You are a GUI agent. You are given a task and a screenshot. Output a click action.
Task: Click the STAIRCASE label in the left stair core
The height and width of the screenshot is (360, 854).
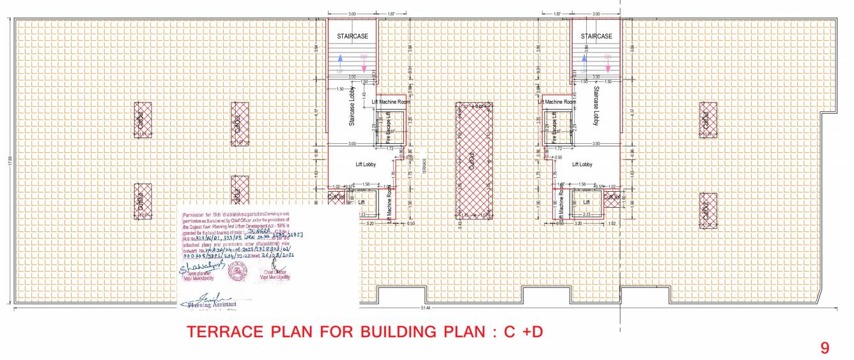[x=352, y=37]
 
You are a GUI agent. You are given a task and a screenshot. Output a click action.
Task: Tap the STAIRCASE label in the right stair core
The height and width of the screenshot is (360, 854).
[x=596, y=37]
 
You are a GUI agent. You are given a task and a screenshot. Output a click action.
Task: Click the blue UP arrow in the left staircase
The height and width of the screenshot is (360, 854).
[x=341, y=60]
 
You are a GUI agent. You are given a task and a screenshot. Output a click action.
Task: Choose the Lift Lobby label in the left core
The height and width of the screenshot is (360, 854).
[x=366, y=165]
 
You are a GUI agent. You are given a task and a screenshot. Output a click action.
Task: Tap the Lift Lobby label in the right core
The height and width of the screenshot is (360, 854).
[x=582, y=165]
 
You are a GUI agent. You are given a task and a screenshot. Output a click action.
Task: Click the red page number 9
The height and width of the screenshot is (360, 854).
[x=825, y=348]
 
